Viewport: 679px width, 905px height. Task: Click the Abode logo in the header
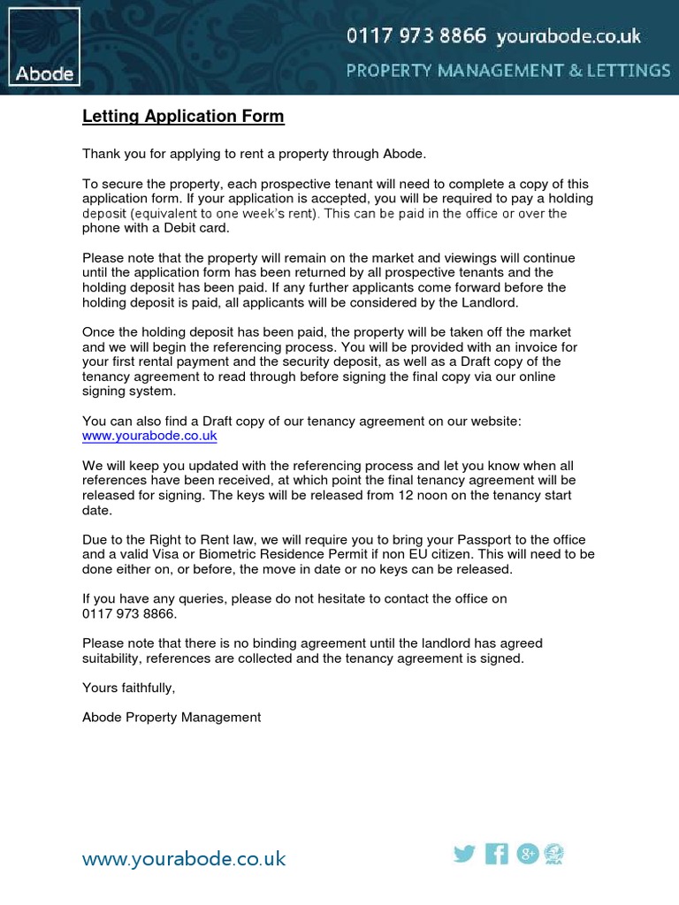pos(44,47)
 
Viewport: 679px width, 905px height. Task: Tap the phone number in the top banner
pos(416,36)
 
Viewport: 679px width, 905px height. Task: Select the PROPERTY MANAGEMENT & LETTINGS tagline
pos(507,70)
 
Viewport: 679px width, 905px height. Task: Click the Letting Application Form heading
pos(183,117)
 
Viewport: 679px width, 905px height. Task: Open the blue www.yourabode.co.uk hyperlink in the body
pos(149,436)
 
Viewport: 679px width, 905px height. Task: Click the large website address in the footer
pos(184,858)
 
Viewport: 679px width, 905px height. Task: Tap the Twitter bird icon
pos(464,854)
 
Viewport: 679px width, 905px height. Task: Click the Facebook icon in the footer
pos(497,854)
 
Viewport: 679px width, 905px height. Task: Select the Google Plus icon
pos(528,854)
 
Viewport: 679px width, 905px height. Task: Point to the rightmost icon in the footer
pos(555,854)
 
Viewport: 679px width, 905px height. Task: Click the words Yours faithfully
pos(129,688)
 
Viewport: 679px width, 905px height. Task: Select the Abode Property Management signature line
pos(172,717)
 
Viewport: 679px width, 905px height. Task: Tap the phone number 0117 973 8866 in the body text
pos(129,612)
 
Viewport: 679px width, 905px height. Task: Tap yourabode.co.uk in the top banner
pos(568,36)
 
